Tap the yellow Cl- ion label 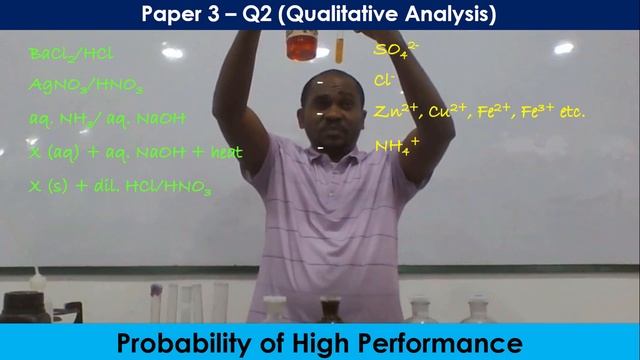pos(385,80)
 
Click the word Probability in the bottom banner pos(176,343)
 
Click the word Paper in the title pos(171,14)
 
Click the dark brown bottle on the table pos(331,307)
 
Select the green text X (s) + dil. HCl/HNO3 pos(122,186)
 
